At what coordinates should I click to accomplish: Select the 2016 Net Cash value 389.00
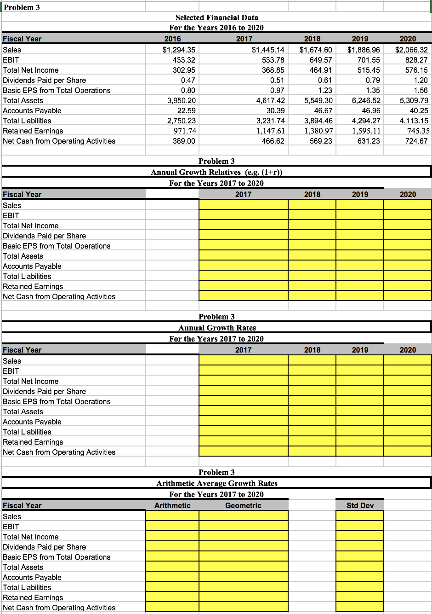183,141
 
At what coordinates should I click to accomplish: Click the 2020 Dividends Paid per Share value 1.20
421,80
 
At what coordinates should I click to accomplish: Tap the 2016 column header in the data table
172,39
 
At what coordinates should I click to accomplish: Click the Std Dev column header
360,505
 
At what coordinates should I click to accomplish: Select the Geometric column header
243,505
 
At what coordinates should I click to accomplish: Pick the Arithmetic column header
172,505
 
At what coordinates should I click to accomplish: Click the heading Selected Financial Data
216,17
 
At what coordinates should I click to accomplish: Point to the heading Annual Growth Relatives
216,172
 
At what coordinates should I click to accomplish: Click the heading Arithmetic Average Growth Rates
216,483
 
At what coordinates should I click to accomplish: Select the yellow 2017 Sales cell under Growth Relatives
243,205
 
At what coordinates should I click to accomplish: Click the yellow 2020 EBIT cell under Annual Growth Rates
408,371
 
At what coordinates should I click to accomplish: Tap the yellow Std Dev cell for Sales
360,516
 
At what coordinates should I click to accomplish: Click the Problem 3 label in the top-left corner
22,7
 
